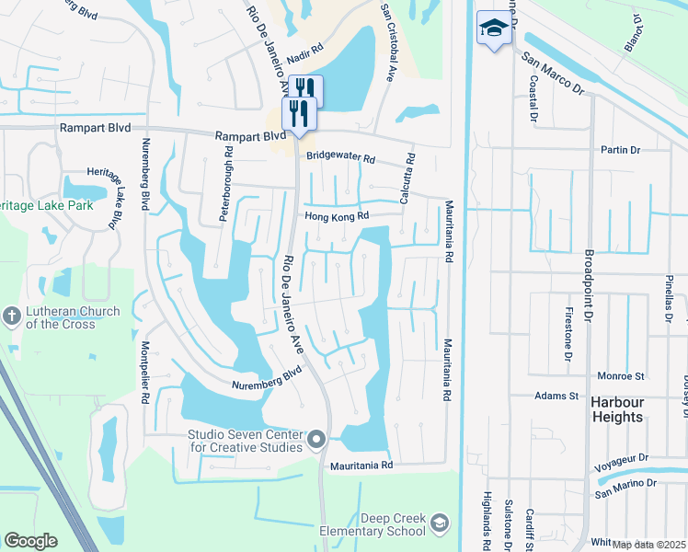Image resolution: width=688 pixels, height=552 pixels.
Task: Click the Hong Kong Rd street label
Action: pyautogui.click(x=337, y=216)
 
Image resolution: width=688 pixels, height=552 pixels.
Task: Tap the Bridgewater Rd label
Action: pyautogui.click(x=341, y=158)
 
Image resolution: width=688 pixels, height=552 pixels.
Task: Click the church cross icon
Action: pyautogui.click(x=11, y=316)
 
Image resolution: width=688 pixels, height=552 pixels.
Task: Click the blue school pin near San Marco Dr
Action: pyautogui.click(x=494, y=29)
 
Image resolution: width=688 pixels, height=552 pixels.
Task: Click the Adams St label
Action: pyautogui.click(x=556, y=396)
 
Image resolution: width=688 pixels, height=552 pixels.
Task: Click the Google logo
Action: pyautogui.click(x=31, y=540)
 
